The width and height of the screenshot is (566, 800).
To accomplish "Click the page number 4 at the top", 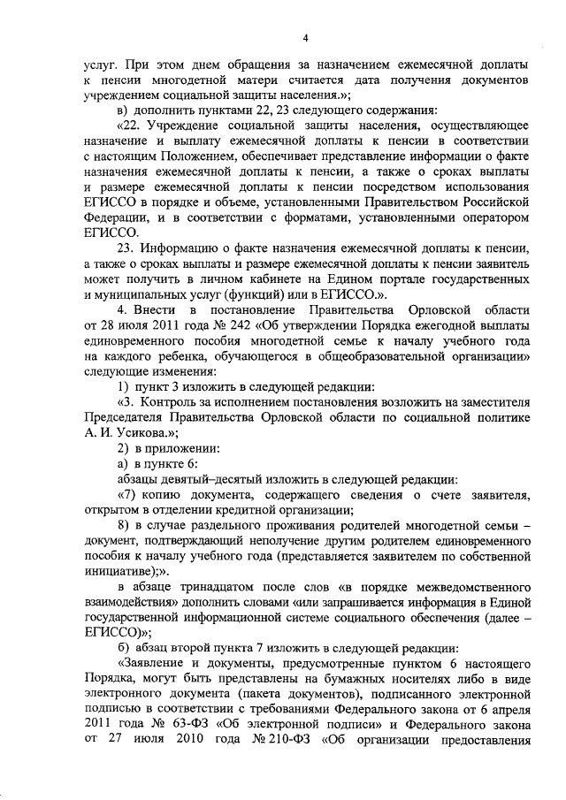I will coord(305,38).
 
